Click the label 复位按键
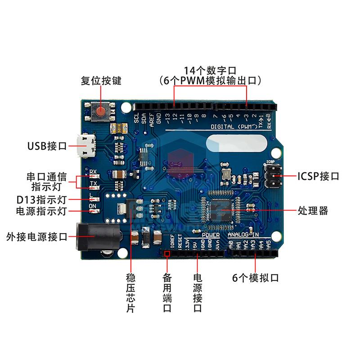101,81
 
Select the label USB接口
47,146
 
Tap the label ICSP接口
318,176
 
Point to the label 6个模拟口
256,278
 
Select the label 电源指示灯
41,210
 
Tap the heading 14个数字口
210,71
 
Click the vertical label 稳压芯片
130,293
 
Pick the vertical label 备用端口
167,293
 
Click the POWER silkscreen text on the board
211,235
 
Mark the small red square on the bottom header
167,254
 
